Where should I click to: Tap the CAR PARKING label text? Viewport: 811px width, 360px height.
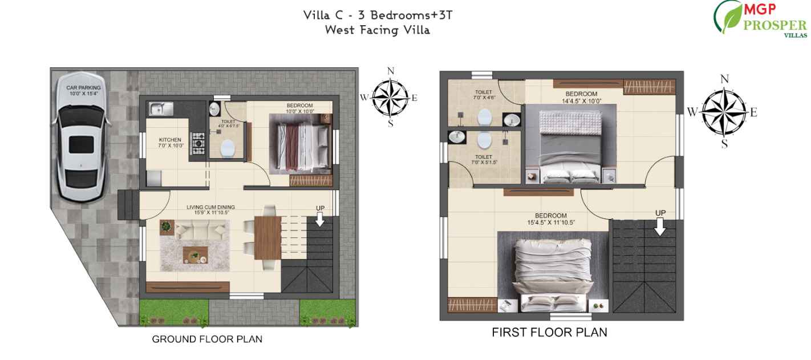click(83, 90)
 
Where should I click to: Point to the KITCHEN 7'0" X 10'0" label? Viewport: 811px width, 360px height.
click(170, 143)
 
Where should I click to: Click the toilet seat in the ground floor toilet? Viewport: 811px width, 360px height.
click(228, 148)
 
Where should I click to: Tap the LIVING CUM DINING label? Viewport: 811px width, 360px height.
click(210, 209)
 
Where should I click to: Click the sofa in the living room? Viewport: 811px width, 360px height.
click(201, 230)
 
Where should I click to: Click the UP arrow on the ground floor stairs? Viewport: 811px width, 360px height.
click(320, 219)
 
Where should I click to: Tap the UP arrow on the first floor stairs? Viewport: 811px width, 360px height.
click(660, 226)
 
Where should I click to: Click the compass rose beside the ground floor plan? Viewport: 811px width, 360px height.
click(391, 96)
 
